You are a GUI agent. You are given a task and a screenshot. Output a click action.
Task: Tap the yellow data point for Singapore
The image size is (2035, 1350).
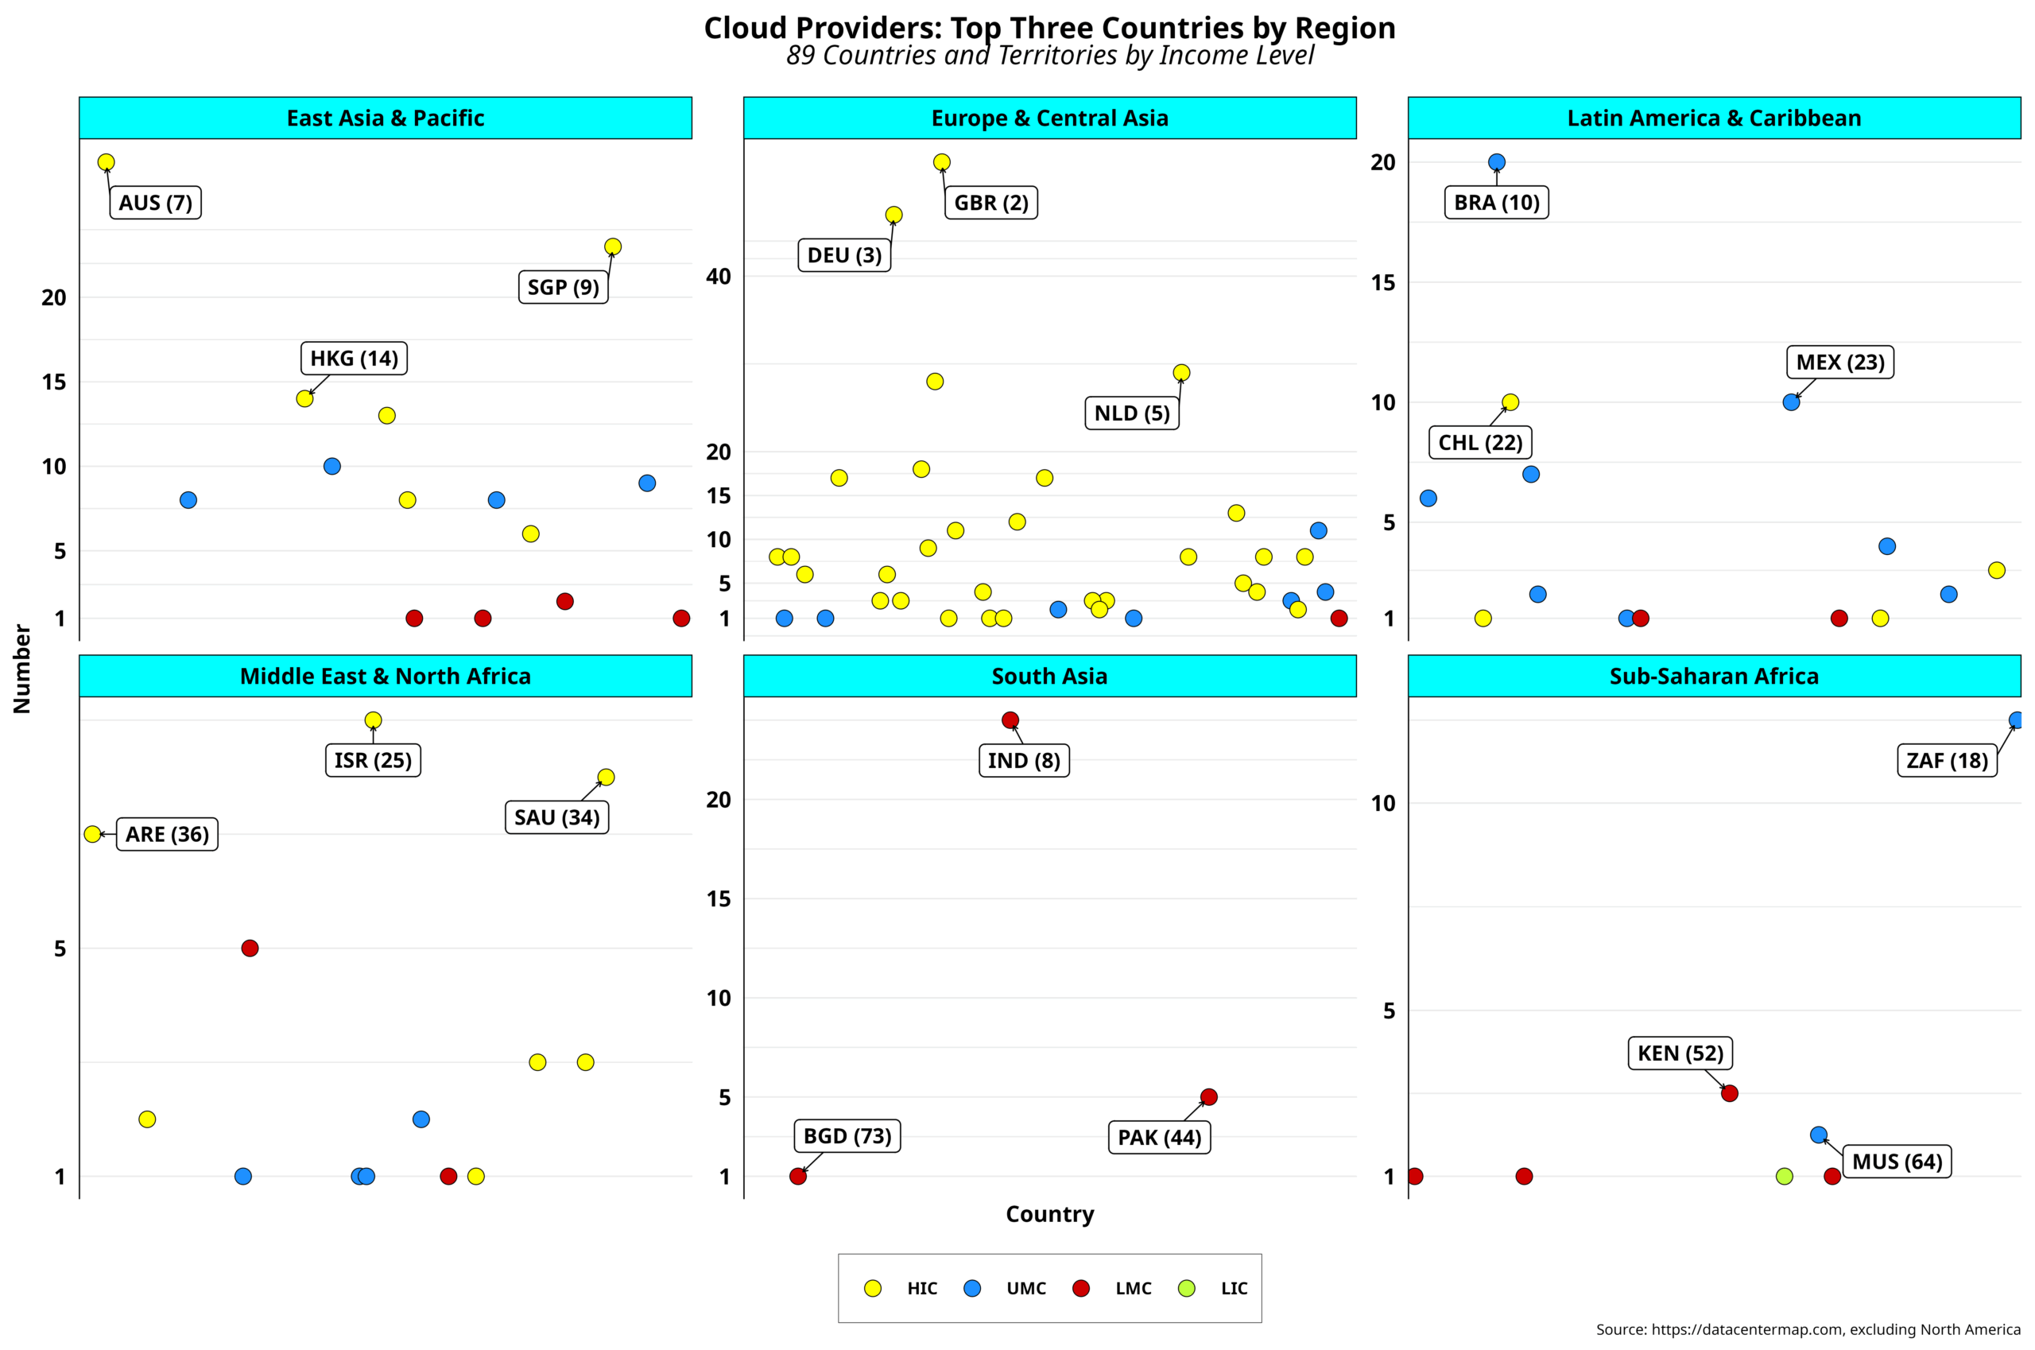point(613,247)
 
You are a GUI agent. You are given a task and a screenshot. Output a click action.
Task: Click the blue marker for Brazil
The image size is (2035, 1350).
point(1497,162)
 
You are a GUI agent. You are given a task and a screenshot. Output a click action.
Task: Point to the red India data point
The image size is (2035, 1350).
point(1010,720)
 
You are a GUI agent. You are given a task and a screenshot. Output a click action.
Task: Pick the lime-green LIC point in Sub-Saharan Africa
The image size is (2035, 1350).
point(1785,1176)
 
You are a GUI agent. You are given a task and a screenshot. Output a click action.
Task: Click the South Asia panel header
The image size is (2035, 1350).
point(1049,676)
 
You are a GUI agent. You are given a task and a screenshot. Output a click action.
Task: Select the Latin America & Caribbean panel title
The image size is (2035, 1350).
point(1714,118)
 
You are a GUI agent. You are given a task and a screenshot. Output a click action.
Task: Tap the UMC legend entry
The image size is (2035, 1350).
point(1025,1289)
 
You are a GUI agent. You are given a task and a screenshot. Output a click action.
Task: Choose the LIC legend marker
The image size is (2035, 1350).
point(1187,1289)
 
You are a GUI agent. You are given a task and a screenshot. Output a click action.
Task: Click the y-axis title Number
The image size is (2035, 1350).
point(22,669)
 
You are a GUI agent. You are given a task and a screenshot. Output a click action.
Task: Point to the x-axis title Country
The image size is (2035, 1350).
point(1049,1214)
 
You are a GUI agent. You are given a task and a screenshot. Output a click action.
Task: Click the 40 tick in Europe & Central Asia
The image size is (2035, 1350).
point(718,277)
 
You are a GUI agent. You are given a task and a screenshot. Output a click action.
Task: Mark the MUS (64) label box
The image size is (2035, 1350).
point(1897,1162)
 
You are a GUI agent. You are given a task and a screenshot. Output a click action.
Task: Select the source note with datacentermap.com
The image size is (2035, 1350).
point(1808,1329)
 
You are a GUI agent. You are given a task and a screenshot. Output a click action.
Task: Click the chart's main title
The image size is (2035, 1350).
point(1049,28)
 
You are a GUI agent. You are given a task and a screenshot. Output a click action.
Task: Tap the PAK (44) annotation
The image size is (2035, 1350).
point(1159,1138)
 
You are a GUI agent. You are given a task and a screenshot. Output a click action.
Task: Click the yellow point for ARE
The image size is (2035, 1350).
point(93,834)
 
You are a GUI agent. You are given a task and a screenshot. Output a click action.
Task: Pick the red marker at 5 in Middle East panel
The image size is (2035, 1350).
point(250,948)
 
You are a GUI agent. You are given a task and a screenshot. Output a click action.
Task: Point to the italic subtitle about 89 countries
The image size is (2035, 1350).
point(1049,55)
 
